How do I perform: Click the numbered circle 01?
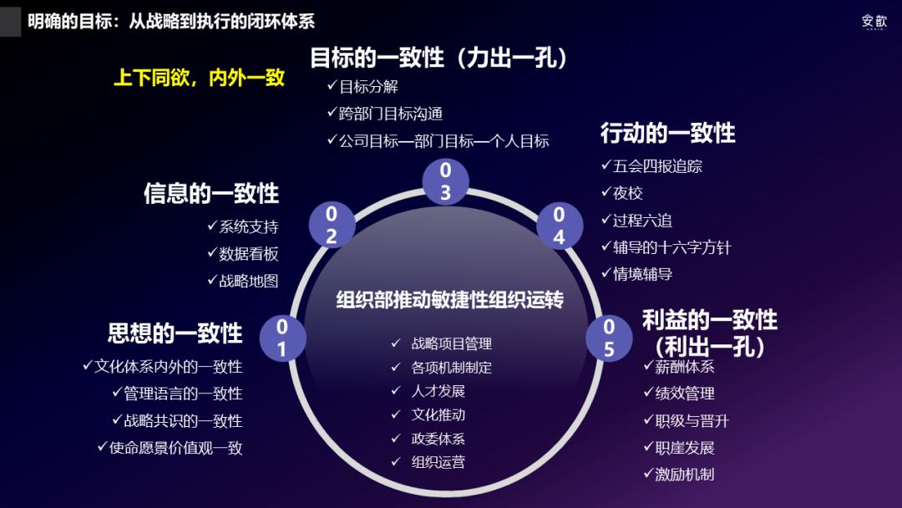[282, 338]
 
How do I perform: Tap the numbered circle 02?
[332, 224]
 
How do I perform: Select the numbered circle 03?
[445, 181]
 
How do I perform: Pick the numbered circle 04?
[559, 225]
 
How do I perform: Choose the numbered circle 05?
[609, 338]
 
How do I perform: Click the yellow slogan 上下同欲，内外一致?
[199, 79]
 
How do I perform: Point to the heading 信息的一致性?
[211, 194]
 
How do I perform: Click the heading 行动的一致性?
[667, 133]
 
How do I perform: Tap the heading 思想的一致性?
[175, 333]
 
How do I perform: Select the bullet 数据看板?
[248, 254]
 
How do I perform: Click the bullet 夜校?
[627, 193]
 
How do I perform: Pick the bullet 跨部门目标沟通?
[390, 114]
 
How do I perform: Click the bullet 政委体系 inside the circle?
[438, 439]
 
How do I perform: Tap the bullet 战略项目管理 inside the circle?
[451, 343]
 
